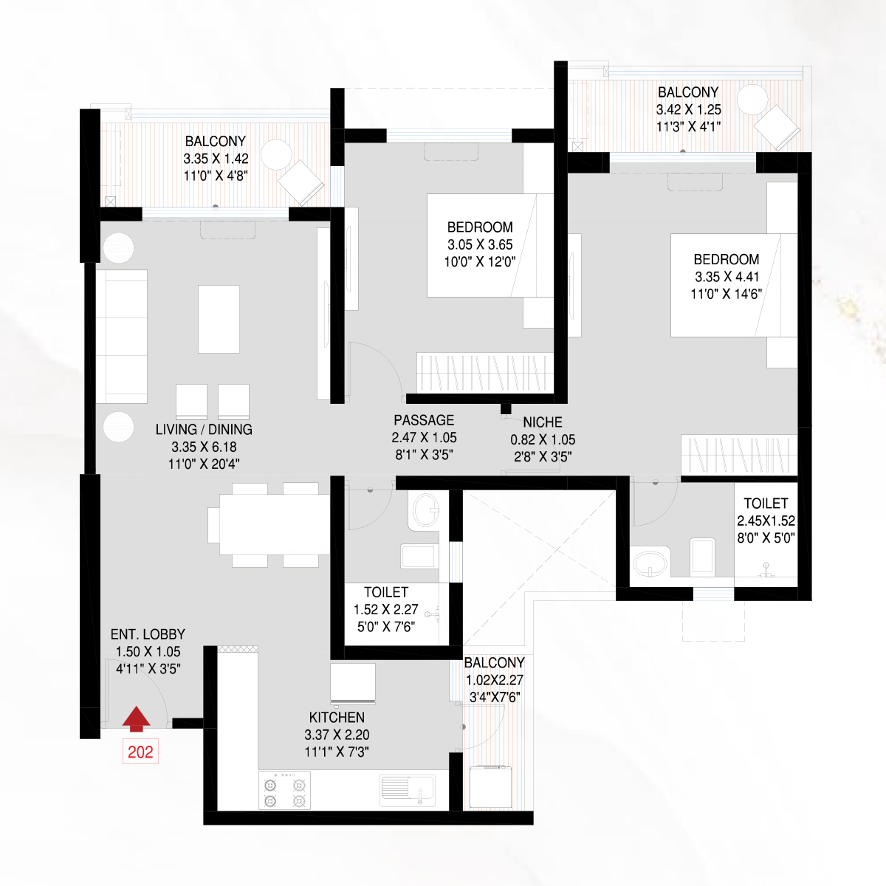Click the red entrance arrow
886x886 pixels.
click(136, 720)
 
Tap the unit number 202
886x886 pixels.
click(140, 752)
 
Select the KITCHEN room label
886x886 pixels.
click(337, 717)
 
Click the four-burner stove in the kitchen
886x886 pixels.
click(284, 790)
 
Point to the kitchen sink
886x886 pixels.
click(408, 790)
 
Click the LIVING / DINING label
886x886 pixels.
click(204, 430)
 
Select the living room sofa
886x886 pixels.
click(121, 337)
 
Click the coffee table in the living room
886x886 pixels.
click(219, 319)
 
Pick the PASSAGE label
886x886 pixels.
click(424, 420)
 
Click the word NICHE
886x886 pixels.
click(543, 422)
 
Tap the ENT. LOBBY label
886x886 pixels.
click(148, 634)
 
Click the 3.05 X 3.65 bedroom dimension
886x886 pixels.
click(480, 244)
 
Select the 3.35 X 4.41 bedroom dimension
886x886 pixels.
click(727, 277)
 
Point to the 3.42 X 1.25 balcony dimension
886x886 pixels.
click(688, 110)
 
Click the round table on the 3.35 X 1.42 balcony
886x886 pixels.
click(276, 154)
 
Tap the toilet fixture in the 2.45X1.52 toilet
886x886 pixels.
click(703, 557)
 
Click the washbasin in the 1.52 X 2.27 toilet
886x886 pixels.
click(425, 510)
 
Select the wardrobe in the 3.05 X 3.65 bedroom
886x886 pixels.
click(485, 373)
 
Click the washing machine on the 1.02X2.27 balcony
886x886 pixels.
click(490, 786)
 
